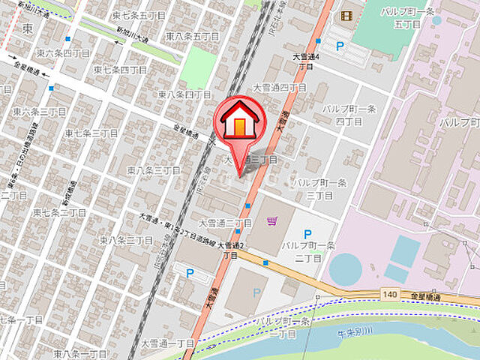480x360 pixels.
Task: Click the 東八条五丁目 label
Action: click(192, 35)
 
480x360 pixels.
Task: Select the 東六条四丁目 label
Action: click(64, 54)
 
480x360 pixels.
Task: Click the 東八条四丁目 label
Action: click(184, 94)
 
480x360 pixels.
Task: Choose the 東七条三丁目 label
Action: click(91, 133)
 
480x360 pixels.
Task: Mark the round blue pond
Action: click(345, 268)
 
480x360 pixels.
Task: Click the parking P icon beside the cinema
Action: click(340, 46)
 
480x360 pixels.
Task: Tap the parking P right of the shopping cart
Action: click(307, 235)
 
